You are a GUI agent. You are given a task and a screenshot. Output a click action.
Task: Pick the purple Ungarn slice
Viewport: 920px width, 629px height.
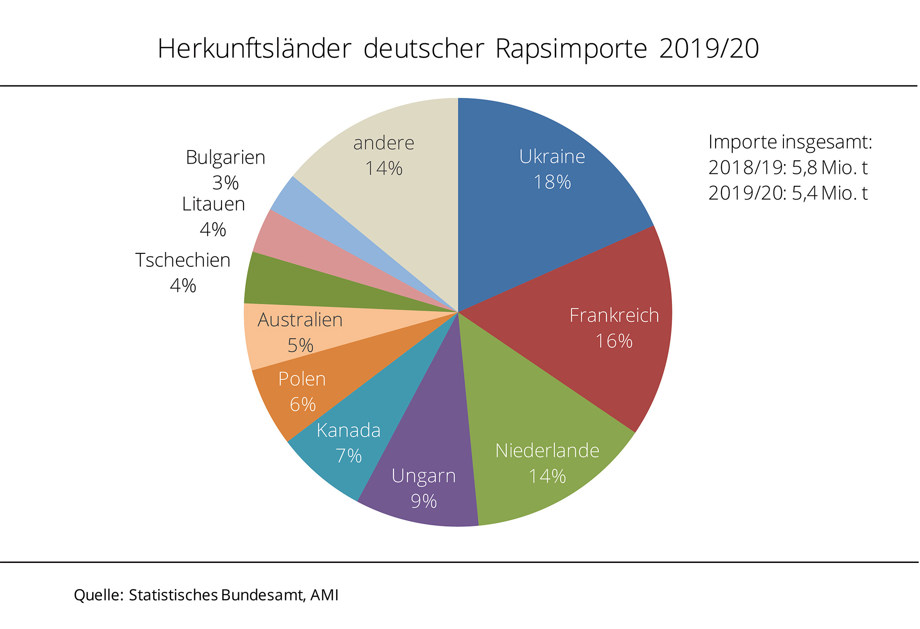pyautogui.click(x=427, y=449)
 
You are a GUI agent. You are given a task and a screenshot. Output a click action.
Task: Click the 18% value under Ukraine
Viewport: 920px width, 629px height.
pyautogui.click(x=552, y=182)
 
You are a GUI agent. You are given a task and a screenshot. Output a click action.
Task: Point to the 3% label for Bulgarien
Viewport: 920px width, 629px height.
pyautogui.click(x=226, y=183)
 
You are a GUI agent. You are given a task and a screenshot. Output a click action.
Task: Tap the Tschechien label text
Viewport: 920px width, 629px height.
pyautogui.click(x=183, y=261)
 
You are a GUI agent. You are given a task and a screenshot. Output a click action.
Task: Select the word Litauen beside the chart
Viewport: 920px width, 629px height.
pyautogui.click(x=213, y=204)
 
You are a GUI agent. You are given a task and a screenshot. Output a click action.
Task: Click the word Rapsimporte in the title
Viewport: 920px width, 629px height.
pyautogui.click(x=571, y=49)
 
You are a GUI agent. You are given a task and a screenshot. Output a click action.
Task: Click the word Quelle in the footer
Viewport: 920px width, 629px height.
pyautogui.click(x=97, y=595)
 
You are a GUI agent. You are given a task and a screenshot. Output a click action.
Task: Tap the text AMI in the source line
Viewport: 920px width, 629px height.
pyautogui.click(x=324, y=595)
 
